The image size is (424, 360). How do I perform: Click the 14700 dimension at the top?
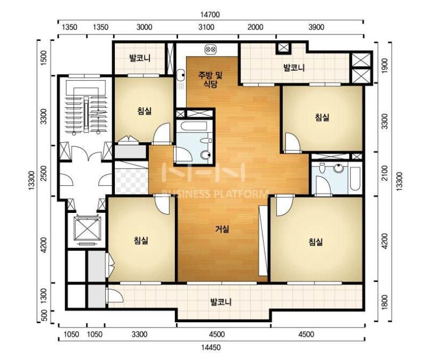(x=210, y=15)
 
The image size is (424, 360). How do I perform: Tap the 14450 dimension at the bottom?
(x=211, y=347)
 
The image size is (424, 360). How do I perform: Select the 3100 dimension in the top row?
(x=206, y=27)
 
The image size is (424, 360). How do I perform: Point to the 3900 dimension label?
(x=316, y=27)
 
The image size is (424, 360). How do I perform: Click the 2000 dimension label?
(x=255, y=27)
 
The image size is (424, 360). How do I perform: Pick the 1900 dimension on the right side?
(x=384, y=65)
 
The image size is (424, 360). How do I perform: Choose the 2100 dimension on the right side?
(x=384, y=173)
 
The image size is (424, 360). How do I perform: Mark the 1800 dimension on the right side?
(x=384, y=302)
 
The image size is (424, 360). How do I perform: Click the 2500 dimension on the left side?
(x=44, y=173)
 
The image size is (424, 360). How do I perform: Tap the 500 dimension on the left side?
(x=45, y=315)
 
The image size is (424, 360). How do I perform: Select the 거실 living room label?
(x=222, y=229)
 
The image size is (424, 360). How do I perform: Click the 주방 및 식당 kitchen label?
(x=210, y=80)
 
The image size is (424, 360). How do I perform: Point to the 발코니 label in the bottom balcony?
(x=221, y=302)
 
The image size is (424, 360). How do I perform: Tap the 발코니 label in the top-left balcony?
(x=140, y=58)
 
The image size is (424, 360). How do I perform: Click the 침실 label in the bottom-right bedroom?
(x=316, y=241)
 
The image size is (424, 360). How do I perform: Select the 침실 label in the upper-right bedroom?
(x=322, y=117)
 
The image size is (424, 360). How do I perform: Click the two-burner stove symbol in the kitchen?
(x=210, y=49)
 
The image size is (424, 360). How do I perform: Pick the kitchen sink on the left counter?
(x=181, y=75)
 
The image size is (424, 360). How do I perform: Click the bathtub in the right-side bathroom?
(x=355, y=178)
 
